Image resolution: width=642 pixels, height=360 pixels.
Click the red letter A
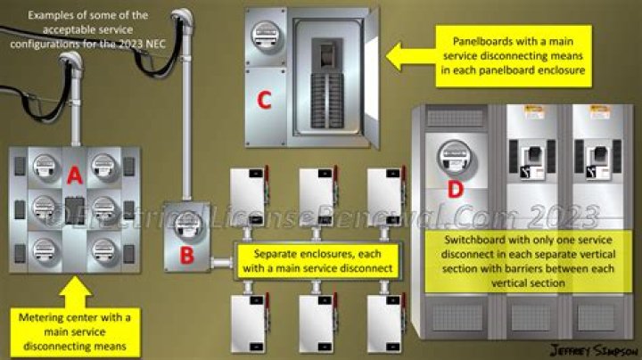[x=74, y=177]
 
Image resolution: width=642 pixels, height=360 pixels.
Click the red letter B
[x=186, y=255]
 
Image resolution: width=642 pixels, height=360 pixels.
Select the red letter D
[x=455, y=189]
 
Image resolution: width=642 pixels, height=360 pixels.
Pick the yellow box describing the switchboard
[x=513, y=260]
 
